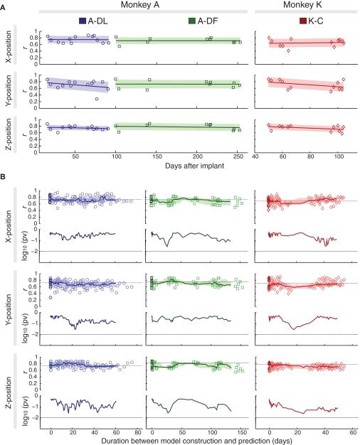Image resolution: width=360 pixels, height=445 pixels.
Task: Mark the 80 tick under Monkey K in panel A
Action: coord(311,145)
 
